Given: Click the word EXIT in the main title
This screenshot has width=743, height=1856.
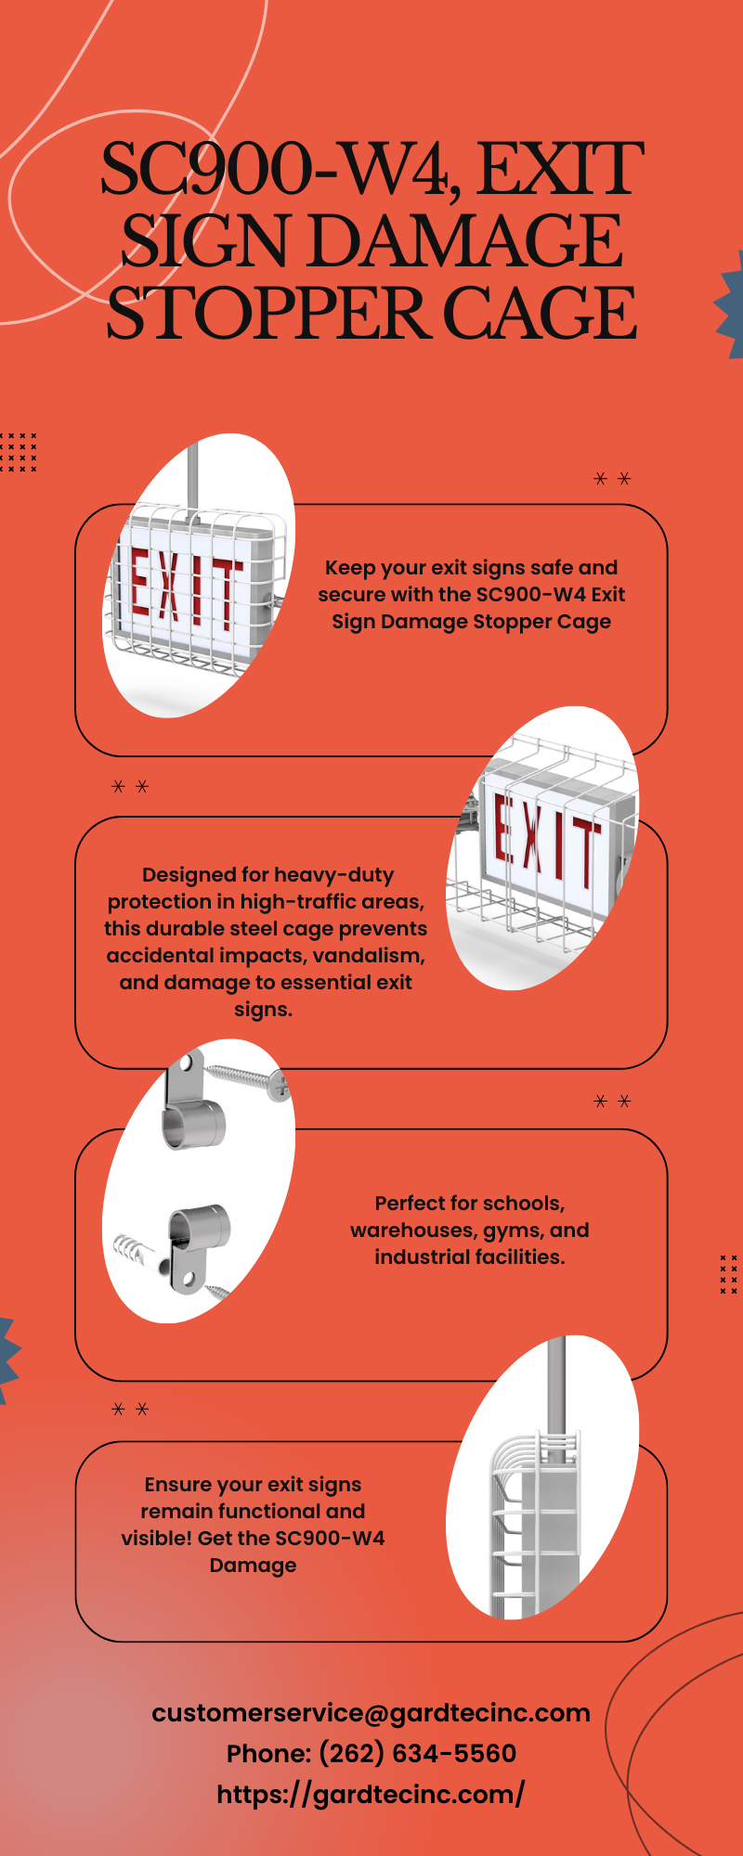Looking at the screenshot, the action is coord(560,169).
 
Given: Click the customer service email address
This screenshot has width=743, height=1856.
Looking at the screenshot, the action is coord(371,1713).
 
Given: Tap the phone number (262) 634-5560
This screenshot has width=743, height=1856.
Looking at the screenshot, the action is coord(417,1754).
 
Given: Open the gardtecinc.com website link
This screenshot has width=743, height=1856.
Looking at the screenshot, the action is coord(371,1795).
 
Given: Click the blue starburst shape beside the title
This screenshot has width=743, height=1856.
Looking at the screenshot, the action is coord(730,304).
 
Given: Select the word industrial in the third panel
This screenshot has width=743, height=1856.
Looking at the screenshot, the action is coord(419,1257).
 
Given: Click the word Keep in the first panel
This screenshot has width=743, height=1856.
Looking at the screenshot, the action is coord(350,569).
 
